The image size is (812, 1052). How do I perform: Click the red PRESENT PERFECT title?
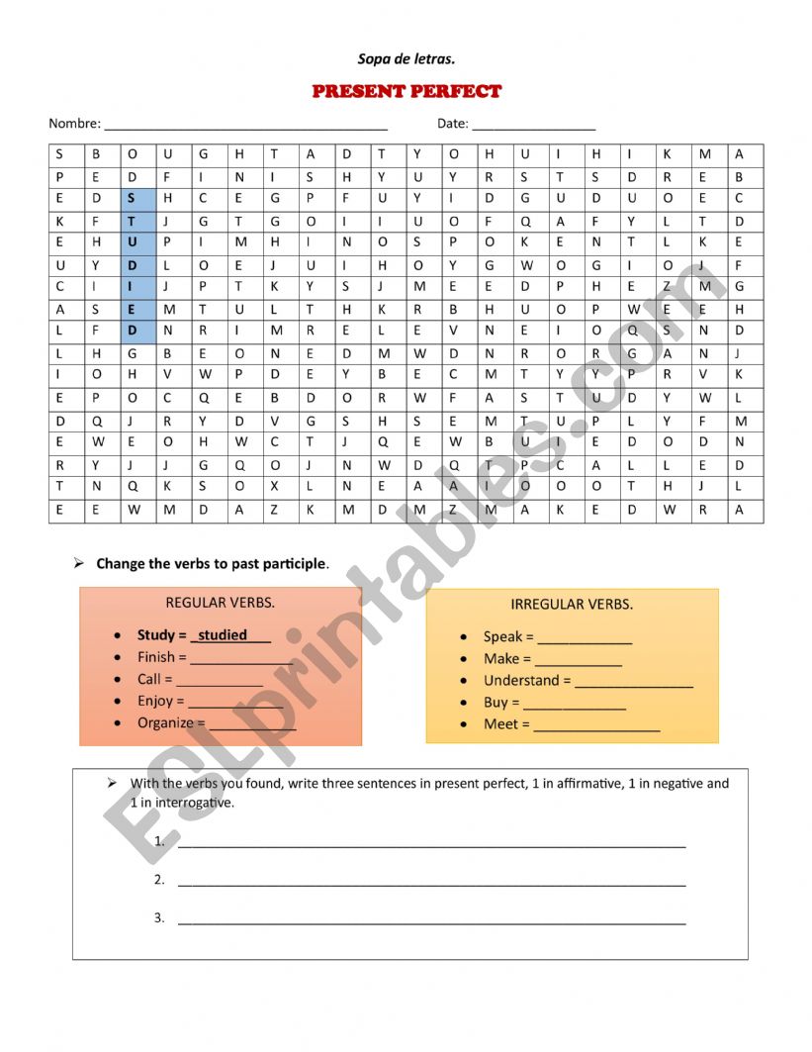pos(406,91)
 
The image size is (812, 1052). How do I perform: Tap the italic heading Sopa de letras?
pos(406,59)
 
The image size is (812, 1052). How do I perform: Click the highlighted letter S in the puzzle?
pos(131,198)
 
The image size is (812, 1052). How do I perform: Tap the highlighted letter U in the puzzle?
pos(131,242)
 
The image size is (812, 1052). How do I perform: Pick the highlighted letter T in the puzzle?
pos(131,221)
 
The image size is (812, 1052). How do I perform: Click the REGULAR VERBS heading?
pos(220,602)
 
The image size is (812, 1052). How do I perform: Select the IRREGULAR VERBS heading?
pos(572,604)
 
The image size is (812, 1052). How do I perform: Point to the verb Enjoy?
pos(160,701)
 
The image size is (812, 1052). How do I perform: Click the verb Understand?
pos(521,680)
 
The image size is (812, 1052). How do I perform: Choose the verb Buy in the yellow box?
pos(496,702)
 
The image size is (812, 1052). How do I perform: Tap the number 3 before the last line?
pos(159,917)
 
